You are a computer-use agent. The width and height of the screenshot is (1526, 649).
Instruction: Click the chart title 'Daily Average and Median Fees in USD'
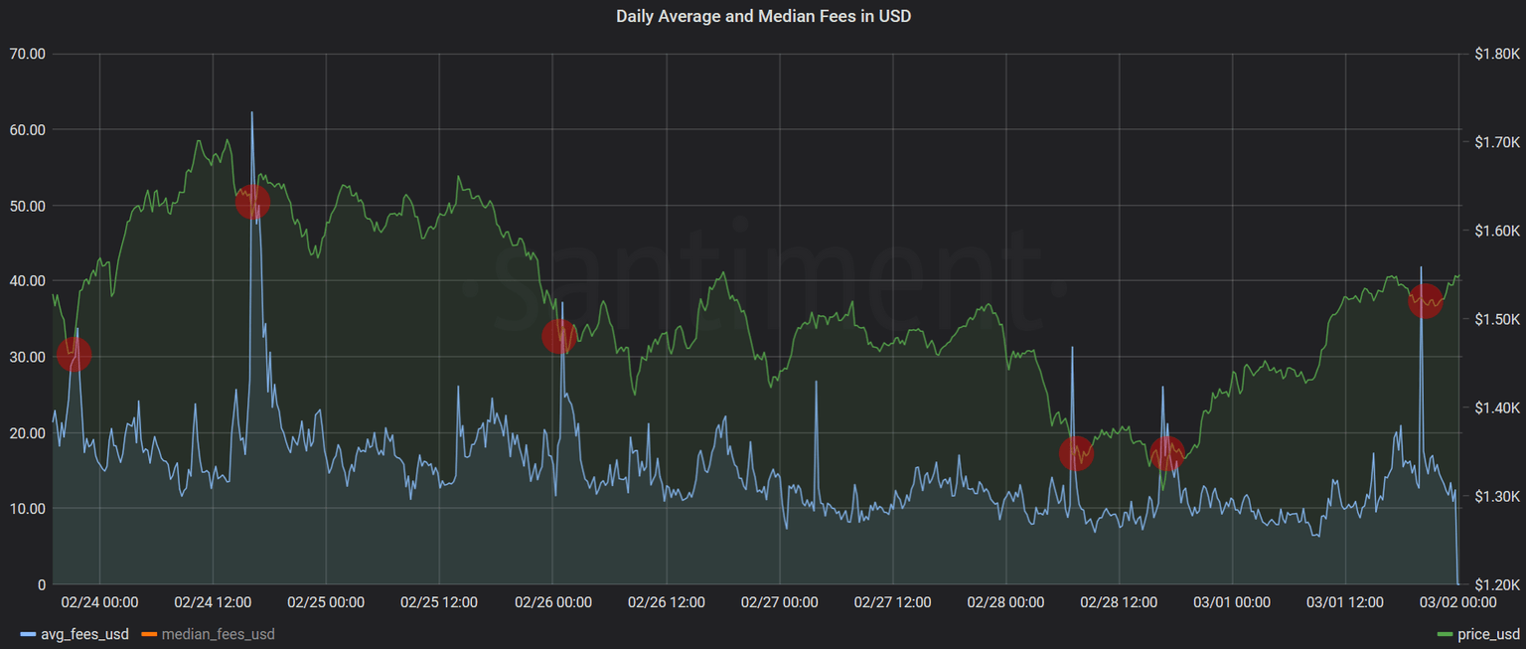point(763,16)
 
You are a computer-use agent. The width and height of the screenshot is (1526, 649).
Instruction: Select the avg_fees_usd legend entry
point(75,634)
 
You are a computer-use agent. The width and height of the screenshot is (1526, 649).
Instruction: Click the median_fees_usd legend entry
point(209,634)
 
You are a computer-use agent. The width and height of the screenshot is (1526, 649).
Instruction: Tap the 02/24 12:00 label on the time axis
point(212,602)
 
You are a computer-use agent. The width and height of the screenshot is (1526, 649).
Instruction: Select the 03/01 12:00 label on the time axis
point(1344,602)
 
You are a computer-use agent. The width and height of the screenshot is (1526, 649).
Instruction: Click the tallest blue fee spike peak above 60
point(251,113)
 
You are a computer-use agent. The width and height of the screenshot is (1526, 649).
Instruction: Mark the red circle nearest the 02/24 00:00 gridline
point(74,354)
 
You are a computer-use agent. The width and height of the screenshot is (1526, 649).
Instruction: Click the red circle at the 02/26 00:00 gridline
point(559,336)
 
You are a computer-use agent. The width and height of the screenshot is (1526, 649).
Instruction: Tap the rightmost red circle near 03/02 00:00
point(1425,299)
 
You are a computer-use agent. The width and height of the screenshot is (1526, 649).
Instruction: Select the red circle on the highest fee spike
point(252,202)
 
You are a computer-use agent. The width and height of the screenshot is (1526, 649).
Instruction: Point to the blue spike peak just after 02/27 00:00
point(816,383)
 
